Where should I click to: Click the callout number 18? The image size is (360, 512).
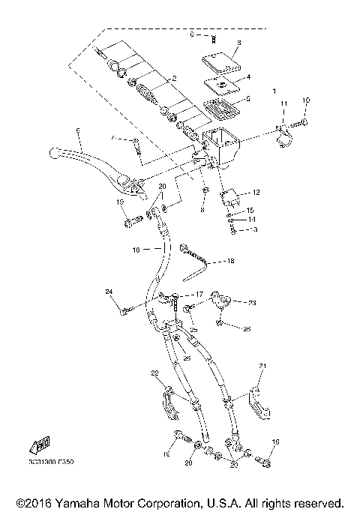(x=231, y=262)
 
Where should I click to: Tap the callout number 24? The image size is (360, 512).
(x=109, y=291)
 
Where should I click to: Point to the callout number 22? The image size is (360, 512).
(x=155, y=373)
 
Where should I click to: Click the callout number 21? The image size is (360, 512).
(x=262, y=366)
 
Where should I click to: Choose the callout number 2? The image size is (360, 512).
(x=173, y=78)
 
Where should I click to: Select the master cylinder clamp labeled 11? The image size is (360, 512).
(x=283, y=134)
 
